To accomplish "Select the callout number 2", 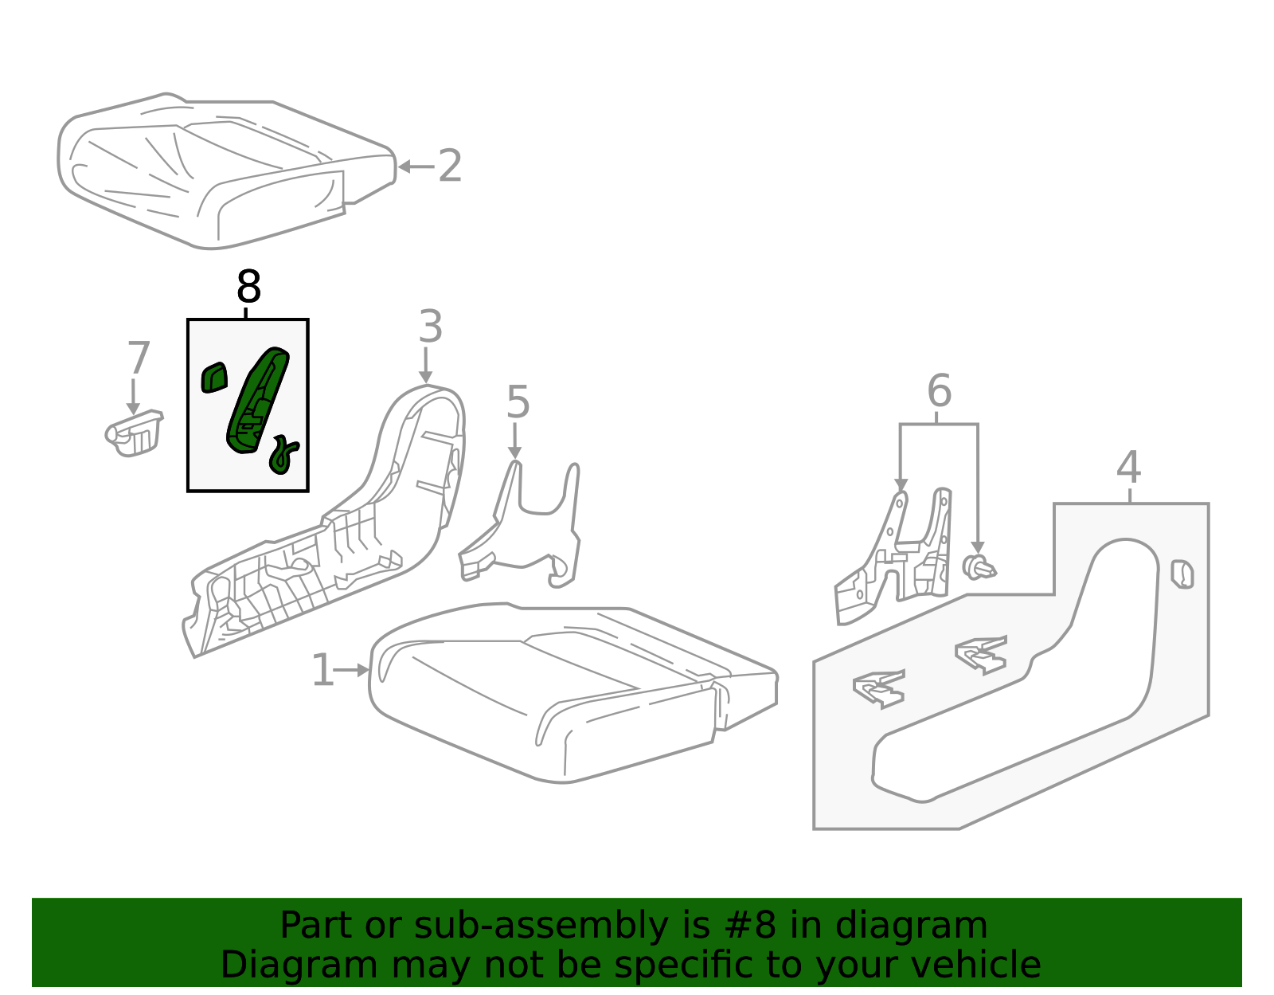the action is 450,166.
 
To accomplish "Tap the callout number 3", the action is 430,326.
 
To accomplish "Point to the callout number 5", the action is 518,402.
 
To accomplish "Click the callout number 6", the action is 940,390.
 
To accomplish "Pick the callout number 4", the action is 1128,468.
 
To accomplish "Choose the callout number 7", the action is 139,358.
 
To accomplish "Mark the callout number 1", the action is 323,670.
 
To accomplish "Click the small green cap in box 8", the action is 214,378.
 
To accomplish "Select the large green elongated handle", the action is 257,401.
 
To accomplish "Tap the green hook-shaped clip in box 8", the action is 283,454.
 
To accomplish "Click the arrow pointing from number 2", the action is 416,166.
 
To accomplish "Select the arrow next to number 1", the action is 351,670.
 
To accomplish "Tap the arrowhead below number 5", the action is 514,452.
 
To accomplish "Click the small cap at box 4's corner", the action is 1182,574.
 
